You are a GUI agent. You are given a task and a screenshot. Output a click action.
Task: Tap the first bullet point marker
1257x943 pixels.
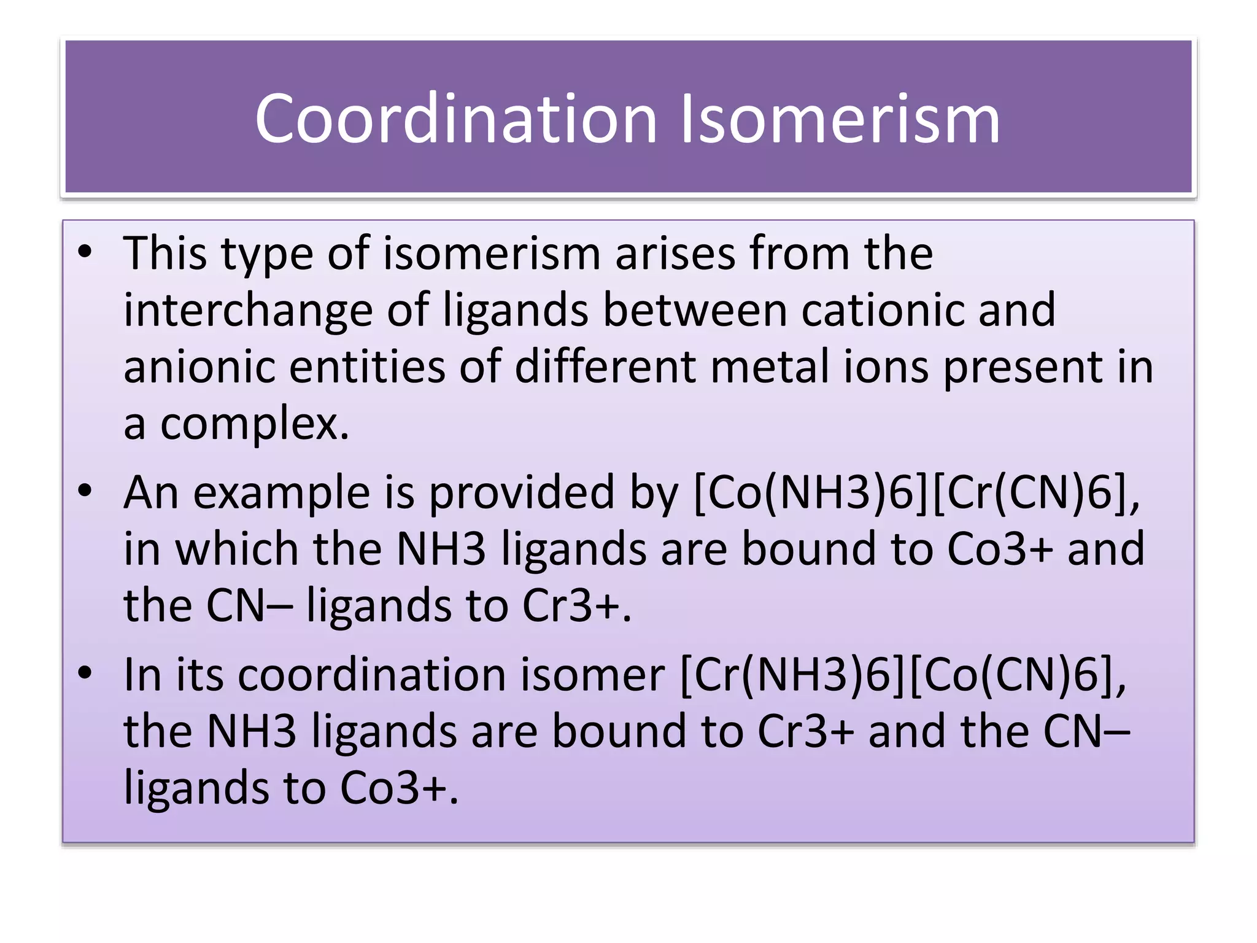pos(85,252)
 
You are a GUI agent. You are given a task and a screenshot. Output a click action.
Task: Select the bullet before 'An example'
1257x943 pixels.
pos(85,491)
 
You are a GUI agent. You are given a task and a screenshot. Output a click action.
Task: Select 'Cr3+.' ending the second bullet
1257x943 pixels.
pos(577,605)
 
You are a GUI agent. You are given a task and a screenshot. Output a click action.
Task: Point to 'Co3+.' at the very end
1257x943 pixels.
pos(399,788)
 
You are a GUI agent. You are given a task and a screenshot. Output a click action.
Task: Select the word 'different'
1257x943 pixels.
pos(605,367)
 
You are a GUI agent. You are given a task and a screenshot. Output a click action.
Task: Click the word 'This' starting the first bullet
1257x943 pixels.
pos(164,253)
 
